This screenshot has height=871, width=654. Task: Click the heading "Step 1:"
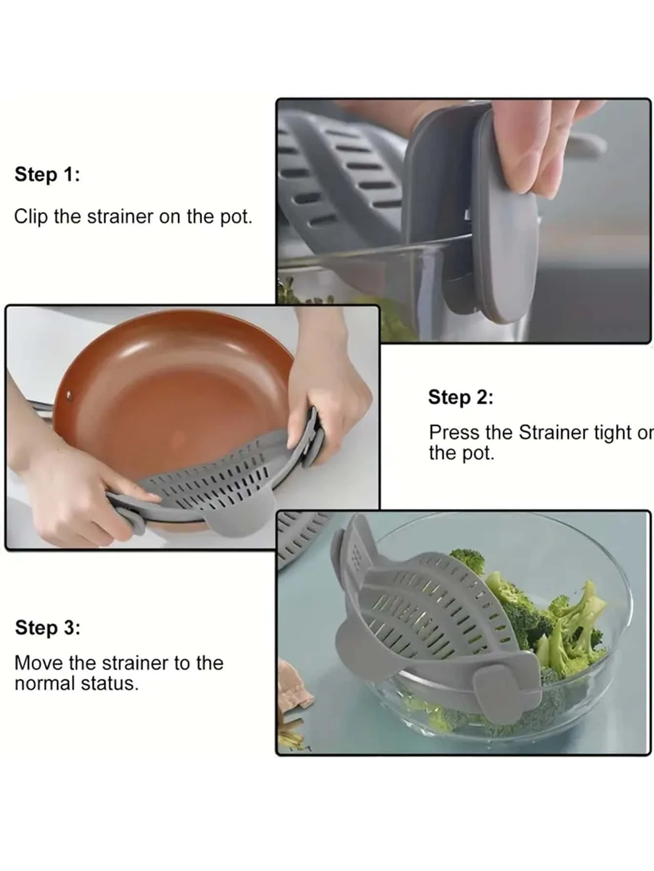click(x=47, y=174)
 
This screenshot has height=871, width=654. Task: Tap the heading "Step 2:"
click(x=461, y=397)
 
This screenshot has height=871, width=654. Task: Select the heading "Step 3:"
click(x=47, y=628)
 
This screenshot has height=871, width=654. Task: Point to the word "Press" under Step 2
click(x=454, y=433)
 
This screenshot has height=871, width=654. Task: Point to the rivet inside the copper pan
click(x=68, y=396)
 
